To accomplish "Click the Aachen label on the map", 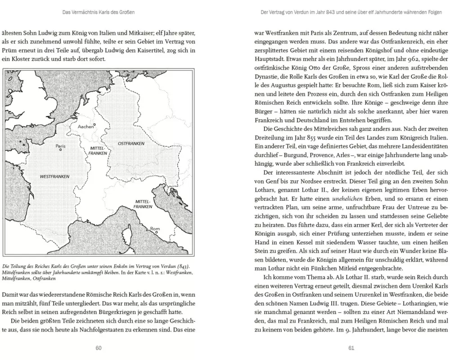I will point(85,126).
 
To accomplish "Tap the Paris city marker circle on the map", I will point(60,150).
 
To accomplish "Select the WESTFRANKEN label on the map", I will point(54,176).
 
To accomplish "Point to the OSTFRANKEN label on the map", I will point(130,143).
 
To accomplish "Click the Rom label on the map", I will point(155,229).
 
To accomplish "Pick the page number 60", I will point(99,347).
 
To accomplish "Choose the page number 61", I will point(351,347).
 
